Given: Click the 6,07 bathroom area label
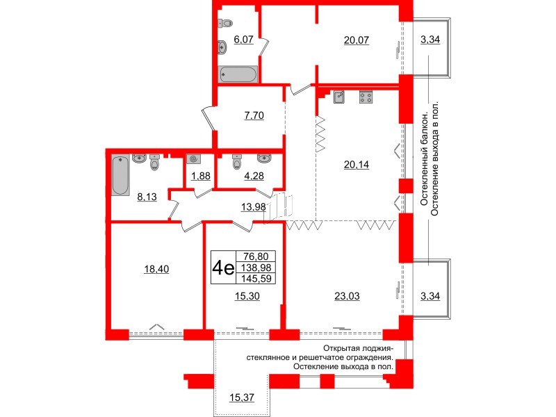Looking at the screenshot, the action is point(244,40).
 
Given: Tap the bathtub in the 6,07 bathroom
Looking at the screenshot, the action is point(238,74).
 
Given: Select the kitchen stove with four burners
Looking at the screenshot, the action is point(366,97).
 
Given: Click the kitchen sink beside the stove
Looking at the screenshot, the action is point(339,97).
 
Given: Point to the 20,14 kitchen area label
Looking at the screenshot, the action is point(357,165).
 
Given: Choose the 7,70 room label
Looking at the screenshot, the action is point(254,115).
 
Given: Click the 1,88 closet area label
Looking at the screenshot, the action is point(201,176).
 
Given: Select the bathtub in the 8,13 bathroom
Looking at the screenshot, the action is point(120,175).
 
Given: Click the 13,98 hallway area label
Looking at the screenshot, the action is point(253,206).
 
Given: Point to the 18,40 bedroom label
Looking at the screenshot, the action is point(156,270).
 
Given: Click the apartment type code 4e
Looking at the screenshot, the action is point(223,268).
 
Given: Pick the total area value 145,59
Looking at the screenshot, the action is point(256,279).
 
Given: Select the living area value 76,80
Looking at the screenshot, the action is point(256,256).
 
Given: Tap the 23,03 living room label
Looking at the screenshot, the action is point(347,296).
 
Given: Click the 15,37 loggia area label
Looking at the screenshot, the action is point(242,398).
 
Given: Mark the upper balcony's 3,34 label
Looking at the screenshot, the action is point(430,40).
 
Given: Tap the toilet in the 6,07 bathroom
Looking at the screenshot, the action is point(225,24).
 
